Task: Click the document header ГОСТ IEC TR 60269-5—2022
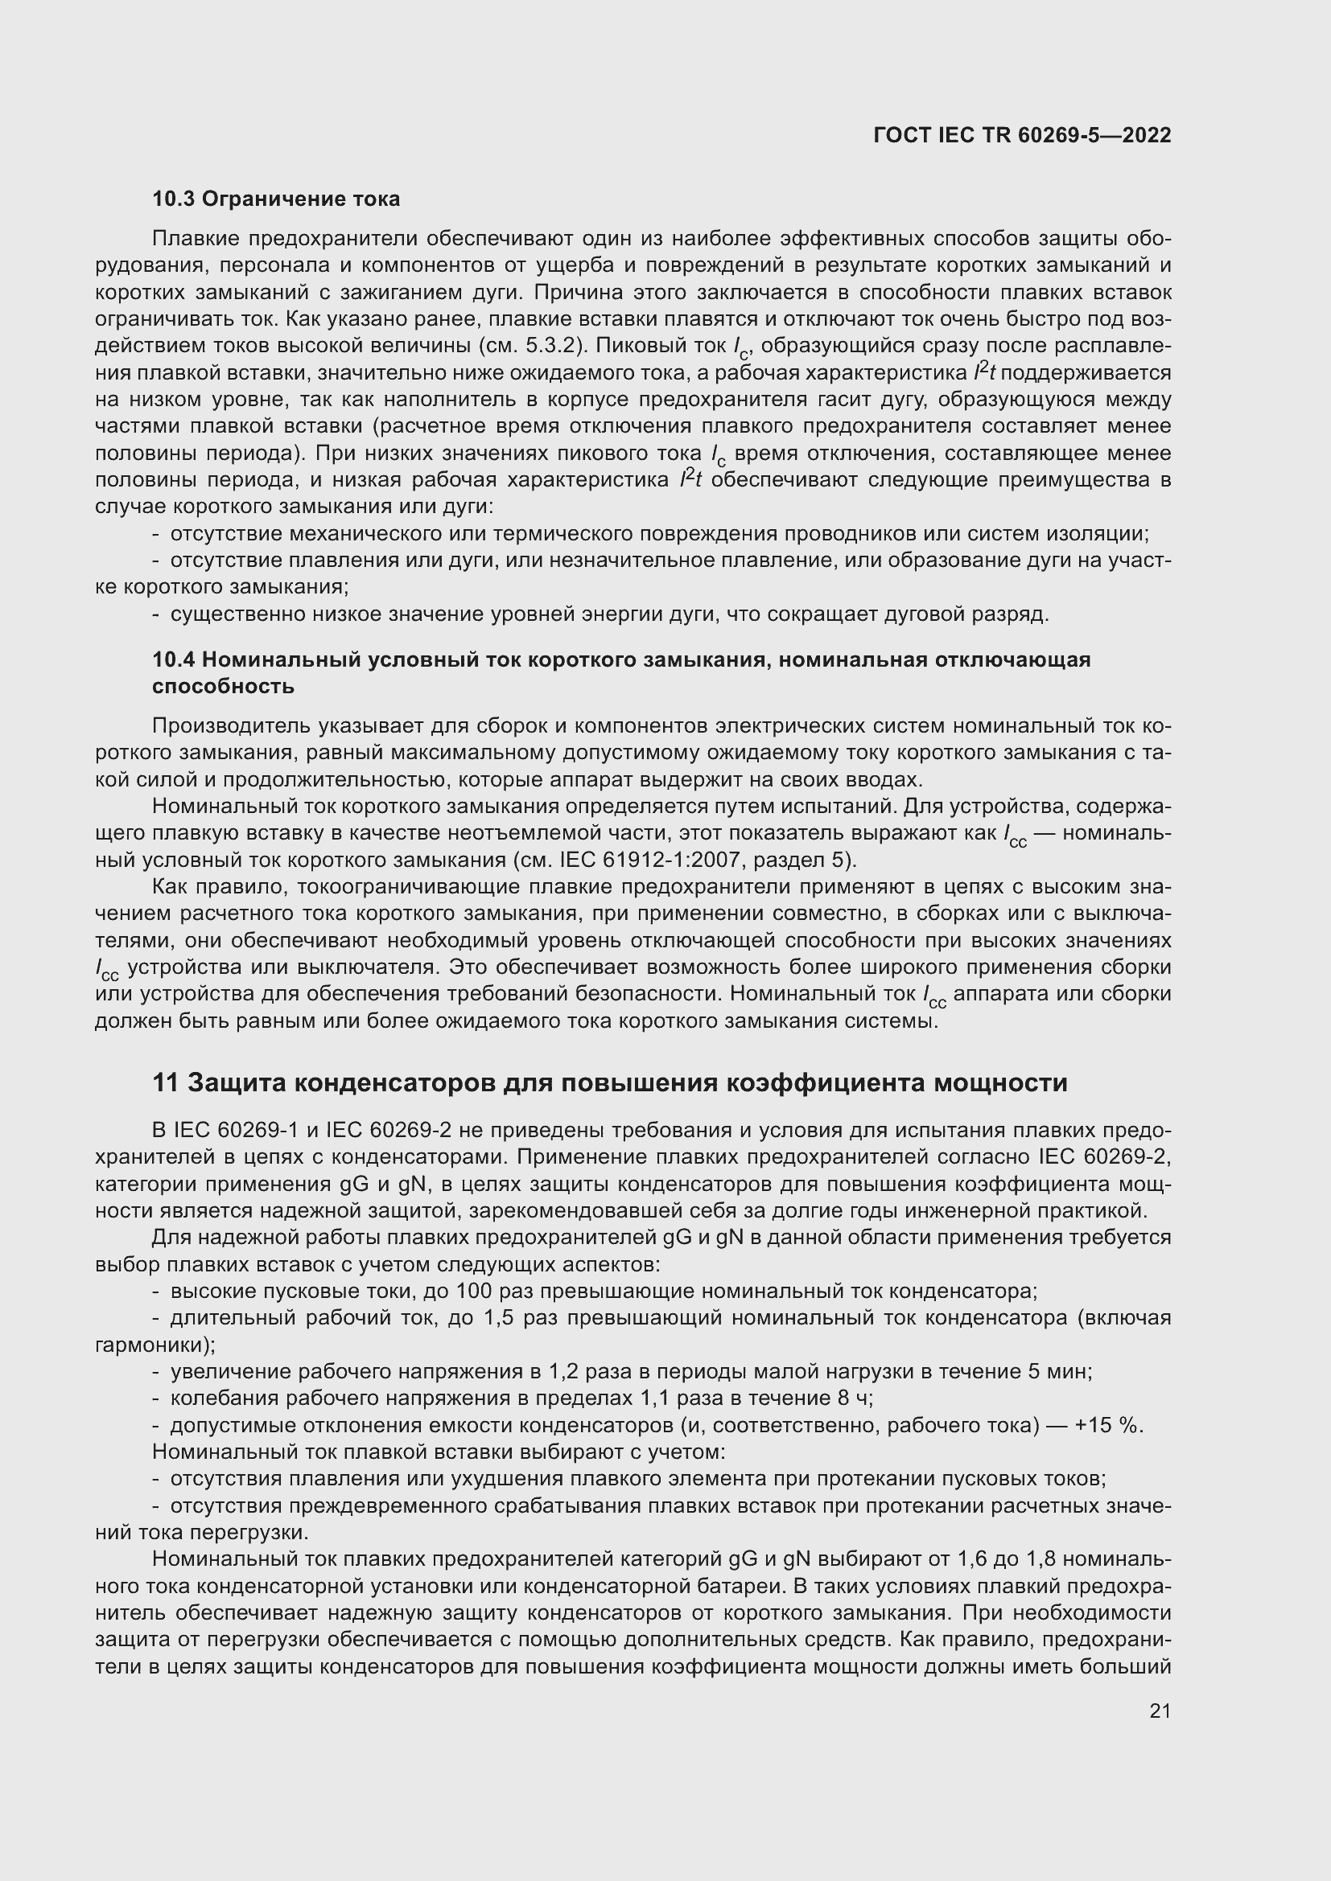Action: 1022,135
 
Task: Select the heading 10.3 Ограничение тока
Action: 276,199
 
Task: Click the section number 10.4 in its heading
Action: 173,659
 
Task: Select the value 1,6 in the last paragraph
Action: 973,1560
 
